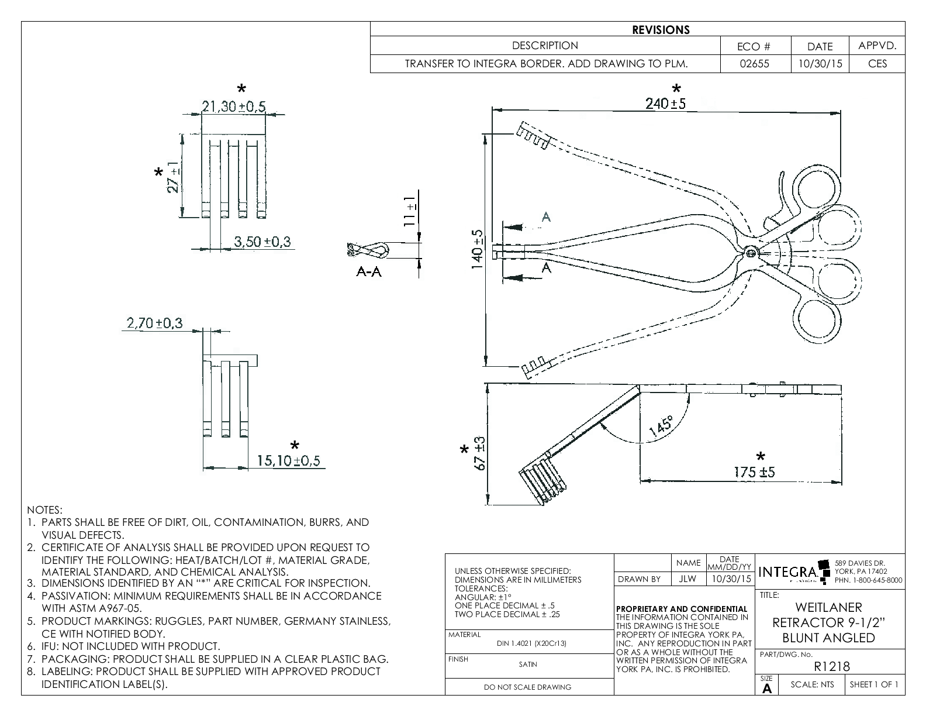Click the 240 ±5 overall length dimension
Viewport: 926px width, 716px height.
(x=665, y=104)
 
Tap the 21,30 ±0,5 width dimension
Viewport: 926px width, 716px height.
(x=233, y=106)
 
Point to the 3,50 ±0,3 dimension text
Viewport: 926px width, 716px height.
(x=262, y=241)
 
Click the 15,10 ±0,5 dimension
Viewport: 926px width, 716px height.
(x=289, y=461)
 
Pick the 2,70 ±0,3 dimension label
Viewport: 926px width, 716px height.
(x=154, y=322)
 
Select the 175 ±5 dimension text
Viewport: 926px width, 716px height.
(x=754, y=472)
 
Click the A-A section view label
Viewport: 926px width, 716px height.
(x=369, y=272)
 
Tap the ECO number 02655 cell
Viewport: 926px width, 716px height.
(x=755, y=64)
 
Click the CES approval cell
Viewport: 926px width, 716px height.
(x=877, y=64)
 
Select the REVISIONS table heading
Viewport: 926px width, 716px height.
(x=661, y=30)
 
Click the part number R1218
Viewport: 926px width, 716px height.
(x=831, y=666)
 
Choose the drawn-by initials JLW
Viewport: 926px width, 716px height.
(x=688, y=579)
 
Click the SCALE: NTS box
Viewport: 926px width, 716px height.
(x=812, y=684)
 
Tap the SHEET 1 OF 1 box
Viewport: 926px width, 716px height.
(x=874, y=684)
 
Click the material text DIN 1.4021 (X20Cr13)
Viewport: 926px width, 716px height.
(x=531, y=643)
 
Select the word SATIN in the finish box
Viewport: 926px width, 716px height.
(x=528, y=664)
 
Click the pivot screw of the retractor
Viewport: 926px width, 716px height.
(x=750, y=252)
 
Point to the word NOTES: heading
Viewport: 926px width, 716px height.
(x=44, y=510)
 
